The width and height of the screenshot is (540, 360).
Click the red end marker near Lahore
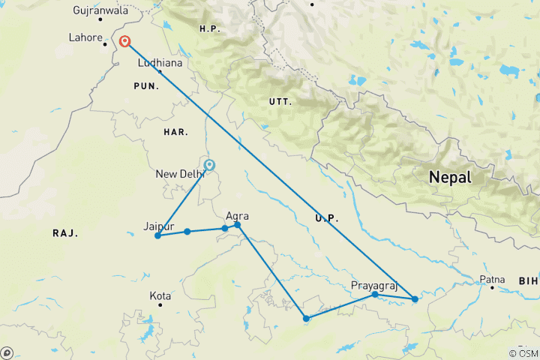pos(125,42)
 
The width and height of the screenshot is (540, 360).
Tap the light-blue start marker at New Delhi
pos(209,165)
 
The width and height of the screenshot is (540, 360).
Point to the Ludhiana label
pos(160,63)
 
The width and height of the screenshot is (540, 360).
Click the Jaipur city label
pos(159,226)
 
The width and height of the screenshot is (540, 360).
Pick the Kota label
pos(160,296)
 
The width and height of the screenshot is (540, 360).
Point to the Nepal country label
pos(450,178)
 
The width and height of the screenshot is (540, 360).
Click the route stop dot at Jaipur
pos(157,236)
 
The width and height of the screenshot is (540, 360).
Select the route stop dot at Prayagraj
pos(375,295)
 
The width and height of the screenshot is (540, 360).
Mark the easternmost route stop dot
pos(415,299)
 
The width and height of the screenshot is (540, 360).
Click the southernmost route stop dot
pos(306,319)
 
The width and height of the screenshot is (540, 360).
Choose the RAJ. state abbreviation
pos(65,234)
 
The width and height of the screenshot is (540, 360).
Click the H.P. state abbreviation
pos(208,28)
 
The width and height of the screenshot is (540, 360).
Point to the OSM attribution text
pos(523,353)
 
